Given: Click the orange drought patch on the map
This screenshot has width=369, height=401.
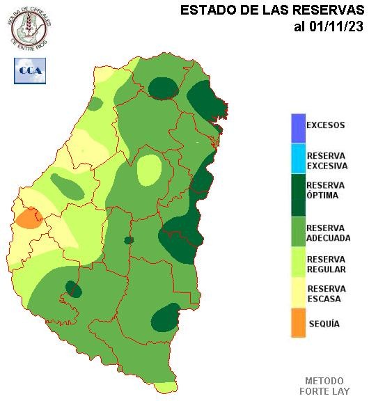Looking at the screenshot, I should pos(28,218).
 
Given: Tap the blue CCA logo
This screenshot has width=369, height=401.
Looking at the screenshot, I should pos(30,70).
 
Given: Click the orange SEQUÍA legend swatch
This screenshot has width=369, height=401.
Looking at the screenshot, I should pos(299,324).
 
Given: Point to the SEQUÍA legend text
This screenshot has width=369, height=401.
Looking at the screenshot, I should pos(324,324).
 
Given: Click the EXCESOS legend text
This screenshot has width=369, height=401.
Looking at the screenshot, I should pos(326,126).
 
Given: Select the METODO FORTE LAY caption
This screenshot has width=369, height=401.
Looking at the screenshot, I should pos(324,386).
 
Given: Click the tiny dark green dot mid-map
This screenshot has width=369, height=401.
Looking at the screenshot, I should pos(129,240).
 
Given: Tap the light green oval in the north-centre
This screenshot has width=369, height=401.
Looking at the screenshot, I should pos(148,169).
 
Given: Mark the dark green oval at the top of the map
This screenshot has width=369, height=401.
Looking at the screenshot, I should pos(164,88).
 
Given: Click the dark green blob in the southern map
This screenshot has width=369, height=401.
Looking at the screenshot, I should pos(164,318).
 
